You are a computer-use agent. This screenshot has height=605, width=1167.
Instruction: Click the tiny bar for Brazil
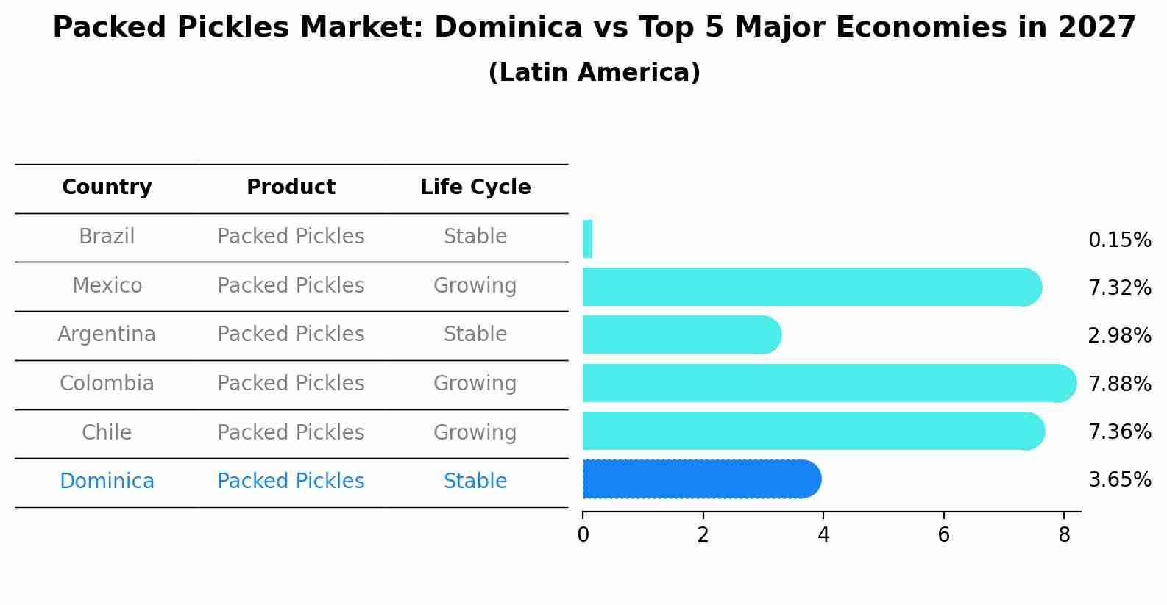pyautogui.click(x=587, y=239)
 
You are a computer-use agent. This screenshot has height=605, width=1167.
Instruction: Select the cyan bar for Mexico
pyautogui.click(x=809, y=287)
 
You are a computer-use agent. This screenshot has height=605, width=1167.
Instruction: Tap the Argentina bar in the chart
pyautogui.click(x=681, y=334)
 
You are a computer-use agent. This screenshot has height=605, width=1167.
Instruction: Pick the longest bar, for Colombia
pyautogui.click(x=828, y=383)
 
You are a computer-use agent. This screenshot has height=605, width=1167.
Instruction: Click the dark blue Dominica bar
pyautogui.click(x=700, y=479)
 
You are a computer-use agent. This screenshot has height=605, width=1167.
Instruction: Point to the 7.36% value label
pyautogui.click(x=1119, y=432)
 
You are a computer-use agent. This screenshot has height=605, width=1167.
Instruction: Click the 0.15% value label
pyautogui.click(x=1119, y=240)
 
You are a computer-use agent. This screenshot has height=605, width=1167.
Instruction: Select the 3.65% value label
pyautogui.click(x=1119, y=480)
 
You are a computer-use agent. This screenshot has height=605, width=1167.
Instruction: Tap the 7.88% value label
pyautogui.click(x=1119, y=384)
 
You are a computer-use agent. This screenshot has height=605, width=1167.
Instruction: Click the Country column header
pyautogui.click(x=107, y=187)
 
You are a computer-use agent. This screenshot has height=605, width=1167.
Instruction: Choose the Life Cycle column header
pyautogui.click(x=475, y=187)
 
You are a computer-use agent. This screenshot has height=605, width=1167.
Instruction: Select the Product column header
pyautogui.click(x=291, y=187)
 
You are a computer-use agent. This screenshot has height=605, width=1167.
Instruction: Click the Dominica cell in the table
pyautogui.click(x=107, y=482)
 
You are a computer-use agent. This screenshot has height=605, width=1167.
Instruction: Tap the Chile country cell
pyautogui.click(x=107, y=432)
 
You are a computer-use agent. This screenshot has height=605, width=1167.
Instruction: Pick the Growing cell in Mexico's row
pyautogui.click(x=475, y=285)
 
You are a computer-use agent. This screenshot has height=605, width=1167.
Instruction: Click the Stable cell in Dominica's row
pyautogui.click(x=475, y=482)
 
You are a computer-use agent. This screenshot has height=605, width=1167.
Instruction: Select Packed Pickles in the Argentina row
pyautogui.click(x=291, y=334)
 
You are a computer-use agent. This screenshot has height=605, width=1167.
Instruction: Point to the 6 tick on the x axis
pyautogui.click(x=943, y=535)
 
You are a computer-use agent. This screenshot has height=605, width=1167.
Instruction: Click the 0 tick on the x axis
pyautogui.click(x=583, y=535)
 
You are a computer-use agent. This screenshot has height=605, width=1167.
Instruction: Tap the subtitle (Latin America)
pyautogui.click(x=594, y=73)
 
